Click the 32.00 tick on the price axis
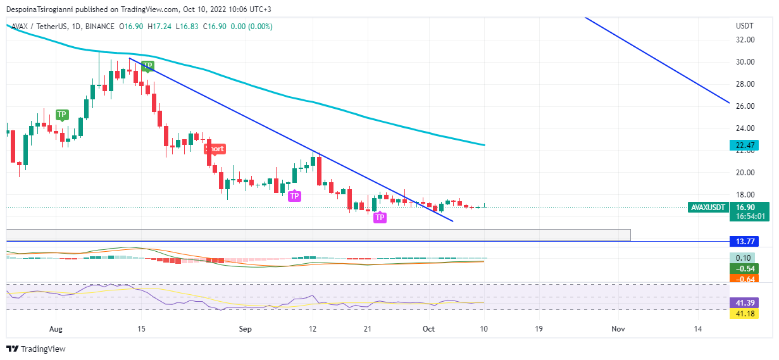tap(745, 39)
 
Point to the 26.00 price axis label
tap(745, 106)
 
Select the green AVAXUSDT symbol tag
tap(707, 207)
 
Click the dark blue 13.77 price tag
tap(743, 241)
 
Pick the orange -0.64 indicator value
tap(743, 279)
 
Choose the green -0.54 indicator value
tap(743, 268)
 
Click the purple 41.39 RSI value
tap(743, 302)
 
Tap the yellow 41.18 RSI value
tap(743, 313)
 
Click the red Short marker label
tap(215, 149)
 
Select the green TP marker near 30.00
tap(147, 65)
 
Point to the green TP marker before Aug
tap(61, 115)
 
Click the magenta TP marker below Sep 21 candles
tap(380, 218)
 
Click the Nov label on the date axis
tap(618, 329)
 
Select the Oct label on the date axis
tap(428, 329)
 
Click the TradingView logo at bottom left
tap(36, 349)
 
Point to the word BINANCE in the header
tap(97, 27)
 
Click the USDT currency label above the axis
tap(744, 26)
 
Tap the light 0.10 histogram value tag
tap(743, 258)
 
